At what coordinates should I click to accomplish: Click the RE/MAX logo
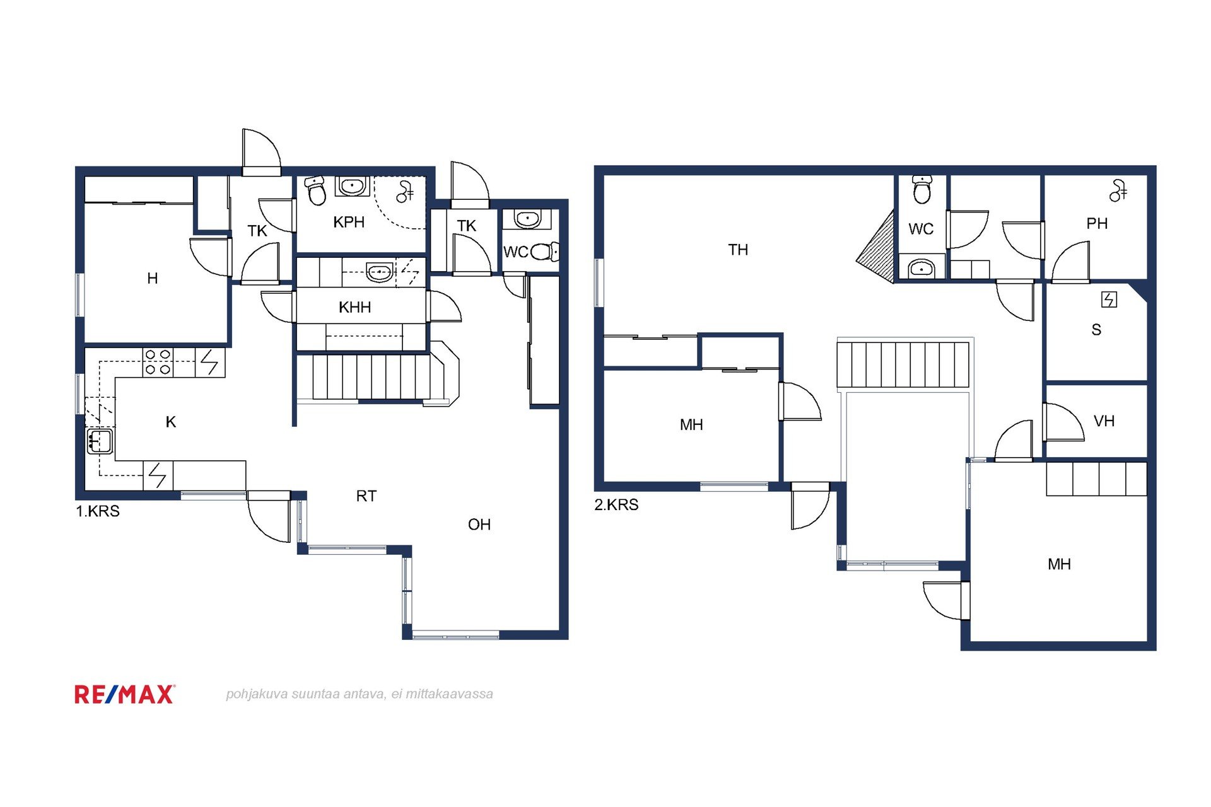click(125, 694)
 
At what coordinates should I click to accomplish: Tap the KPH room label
click(349, 222)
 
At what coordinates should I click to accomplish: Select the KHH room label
click(354, 307)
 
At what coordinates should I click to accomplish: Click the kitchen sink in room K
click(100, 441)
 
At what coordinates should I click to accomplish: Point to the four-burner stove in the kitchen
click(158, 363)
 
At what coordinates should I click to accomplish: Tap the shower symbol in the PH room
click(1118, 190)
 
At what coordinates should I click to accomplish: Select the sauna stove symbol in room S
click(1109, 299)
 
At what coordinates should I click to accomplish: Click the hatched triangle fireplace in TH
click(876, 247)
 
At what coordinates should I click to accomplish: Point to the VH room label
click(1104, 421)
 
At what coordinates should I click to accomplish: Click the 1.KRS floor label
click(98, 511)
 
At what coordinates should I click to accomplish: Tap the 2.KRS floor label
click(616, 505)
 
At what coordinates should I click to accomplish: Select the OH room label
click(479, 525)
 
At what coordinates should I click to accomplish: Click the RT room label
click(366, 496)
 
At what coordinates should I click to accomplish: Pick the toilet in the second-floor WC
click(922, 190)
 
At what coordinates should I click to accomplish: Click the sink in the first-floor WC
click(527, 219)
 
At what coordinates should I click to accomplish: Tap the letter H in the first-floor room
click(152, 278)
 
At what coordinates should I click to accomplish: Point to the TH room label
click(738, 250)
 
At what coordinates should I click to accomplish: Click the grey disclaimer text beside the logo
click(360, 694)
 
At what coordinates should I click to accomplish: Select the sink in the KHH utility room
click(380, 272)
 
